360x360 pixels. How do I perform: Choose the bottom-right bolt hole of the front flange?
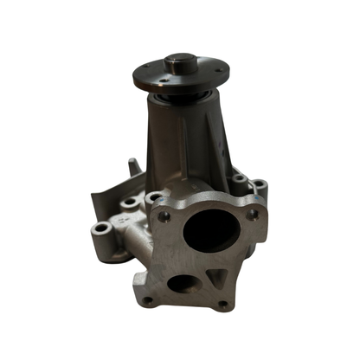click(x=222, y=304)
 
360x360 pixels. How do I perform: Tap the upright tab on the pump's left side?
click(x=132, y=166)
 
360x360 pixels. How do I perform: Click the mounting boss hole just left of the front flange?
click(x=131, y=203)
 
